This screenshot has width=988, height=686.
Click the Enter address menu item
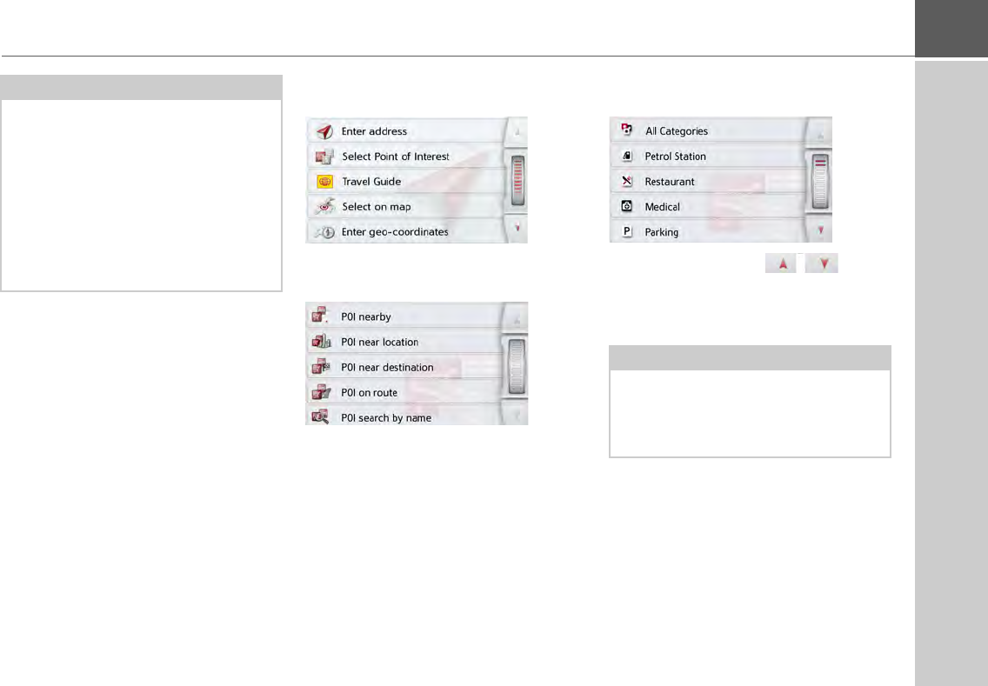pos(374,131)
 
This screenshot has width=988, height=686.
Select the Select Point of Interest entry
pos(395,157)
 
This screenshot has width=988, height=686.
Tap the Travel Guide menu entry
pos(371,182)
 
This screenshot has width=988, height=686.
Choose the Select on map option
pos(376,207)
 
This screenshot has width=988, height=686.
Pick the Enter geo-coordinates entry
pos(395,232)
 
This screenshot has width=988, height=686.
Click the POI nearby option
pos(366,317)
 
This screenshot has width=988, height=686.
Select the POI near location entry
pos(380,343)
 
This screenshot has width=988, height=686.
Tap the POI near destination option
pos(387,368)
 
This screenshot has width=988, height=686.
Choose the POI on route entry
pos(370,393)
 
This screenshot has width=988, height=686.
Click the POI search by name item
pos(386,418)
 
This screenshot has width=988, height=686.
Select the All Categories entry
pos(676,131)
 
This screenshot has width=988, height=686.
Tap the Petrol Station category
pos(675,157)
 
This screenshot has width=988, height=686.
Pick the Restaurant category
pos(670,182)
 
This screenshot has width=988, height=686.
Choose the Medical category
pos(662,207)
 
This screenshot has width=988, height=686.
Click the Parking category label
pos(662,232)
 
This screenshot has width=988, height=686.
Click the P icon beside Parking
pos(625,232)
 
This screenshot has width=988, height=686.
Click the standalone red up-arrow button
pos(782,263)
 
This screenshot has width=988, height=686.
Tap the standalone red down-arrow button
pos(822,263)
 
